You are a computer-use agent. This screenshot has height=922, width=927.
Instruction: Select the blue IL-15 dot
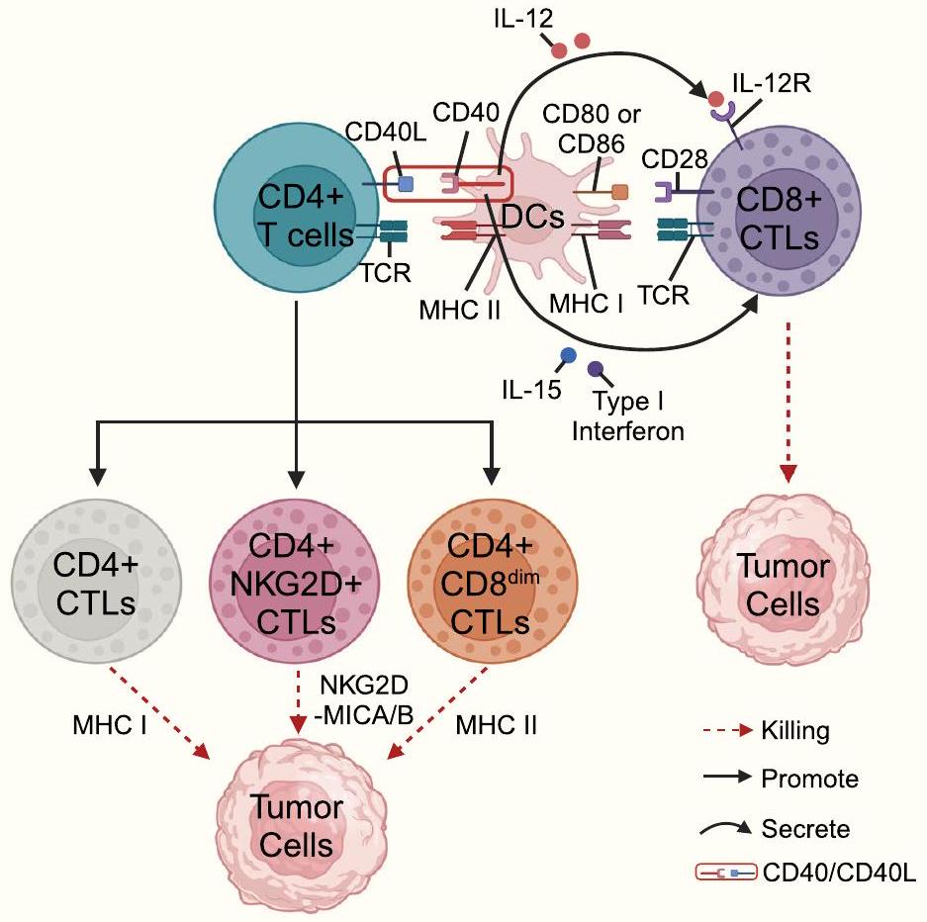pyautogui.click(x=568, y=355)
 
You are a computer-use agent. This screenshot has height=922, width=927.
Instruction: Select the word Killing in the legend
pyautogui.click(x=794, y=732)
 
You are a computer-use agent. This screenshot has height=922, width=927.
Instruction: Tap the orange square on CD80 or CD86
pyautogui.click(x=620, y=192)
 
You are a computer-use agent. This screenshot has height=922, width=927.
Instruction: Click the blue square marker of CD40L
pyautogui.click(x=405, y=184)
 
